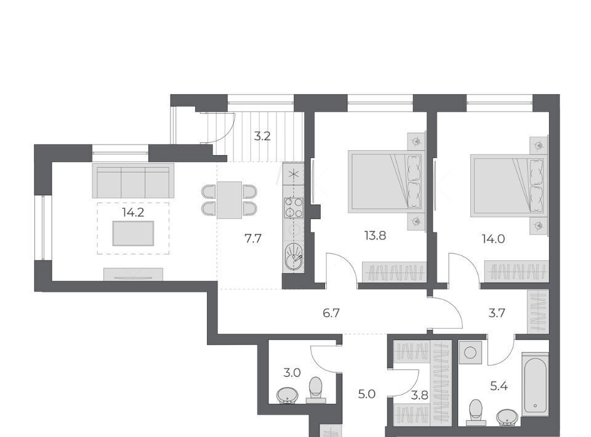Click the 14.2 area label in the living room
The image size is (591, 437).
coord(133,212)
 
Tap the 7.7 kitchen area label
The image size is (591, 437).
coord(252,238)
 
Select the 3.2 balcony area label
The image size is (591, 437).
coord(262,136)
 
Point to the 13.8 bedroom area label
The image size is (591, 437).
coord(375,236)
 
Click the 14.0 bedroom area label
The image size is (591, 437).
coord(493,238)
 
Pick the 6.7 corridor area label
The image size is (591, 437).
coord(331,313)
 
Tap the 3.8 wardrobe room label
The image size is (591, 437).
coord(419,395)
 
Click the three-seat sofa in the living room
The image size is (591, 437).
coord(133,181)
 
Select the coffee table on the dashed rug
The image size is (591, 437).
coord(133,233)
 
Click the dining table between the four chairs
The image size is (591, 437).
coord(229,200)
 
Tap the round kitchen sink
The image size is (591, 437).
coord(294,257)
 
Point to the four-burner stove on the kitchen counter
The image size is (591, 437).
coord(294,207)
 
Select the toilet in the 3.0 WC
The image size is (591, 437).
coord(316,390)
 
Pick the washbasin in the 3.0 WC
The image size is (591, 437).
coord(287,396)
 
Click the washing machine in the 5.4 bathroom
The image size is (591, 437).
coord(470,353)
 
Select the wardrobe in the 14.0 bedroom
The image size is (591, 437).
coord(517,271)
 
